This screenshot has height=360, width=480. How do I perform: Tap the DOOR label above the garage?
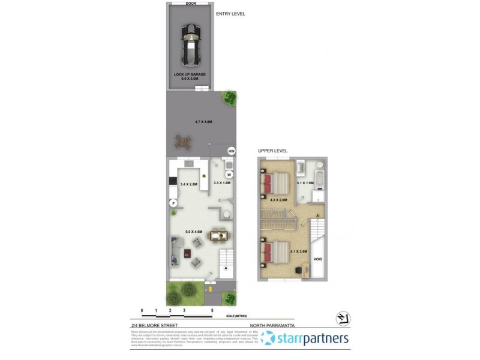click(191, 3)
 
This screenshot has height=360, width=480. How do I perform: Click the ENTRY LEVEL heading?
click(230, 13)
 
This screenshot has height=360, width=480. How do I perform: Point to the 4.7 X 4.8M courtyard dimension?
click(204, 122)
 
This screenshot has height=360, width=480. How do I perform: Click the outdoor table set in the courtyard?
click(182, 142)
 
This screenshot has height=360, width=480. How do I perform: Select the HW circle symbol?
click(231, 151)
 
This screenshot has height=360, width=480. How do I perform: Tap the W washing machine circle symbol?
click(229, 175)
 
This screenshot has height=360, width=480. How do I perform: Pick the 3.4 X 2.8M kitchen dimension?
click(188, 185)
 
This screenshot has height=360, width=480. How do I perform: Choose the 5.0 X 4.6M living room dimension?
click(194, 230)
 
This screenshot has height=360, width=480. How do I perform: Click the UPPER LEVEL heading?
click(273, 151)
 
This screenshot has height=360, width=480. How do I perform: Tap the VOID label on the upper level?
click(318, 259)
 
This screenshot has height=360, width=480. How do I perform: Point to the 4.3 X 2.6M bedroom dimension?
click(279, 200)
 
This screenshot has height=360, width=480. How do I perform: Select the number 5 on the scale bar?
click(212, 310)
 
